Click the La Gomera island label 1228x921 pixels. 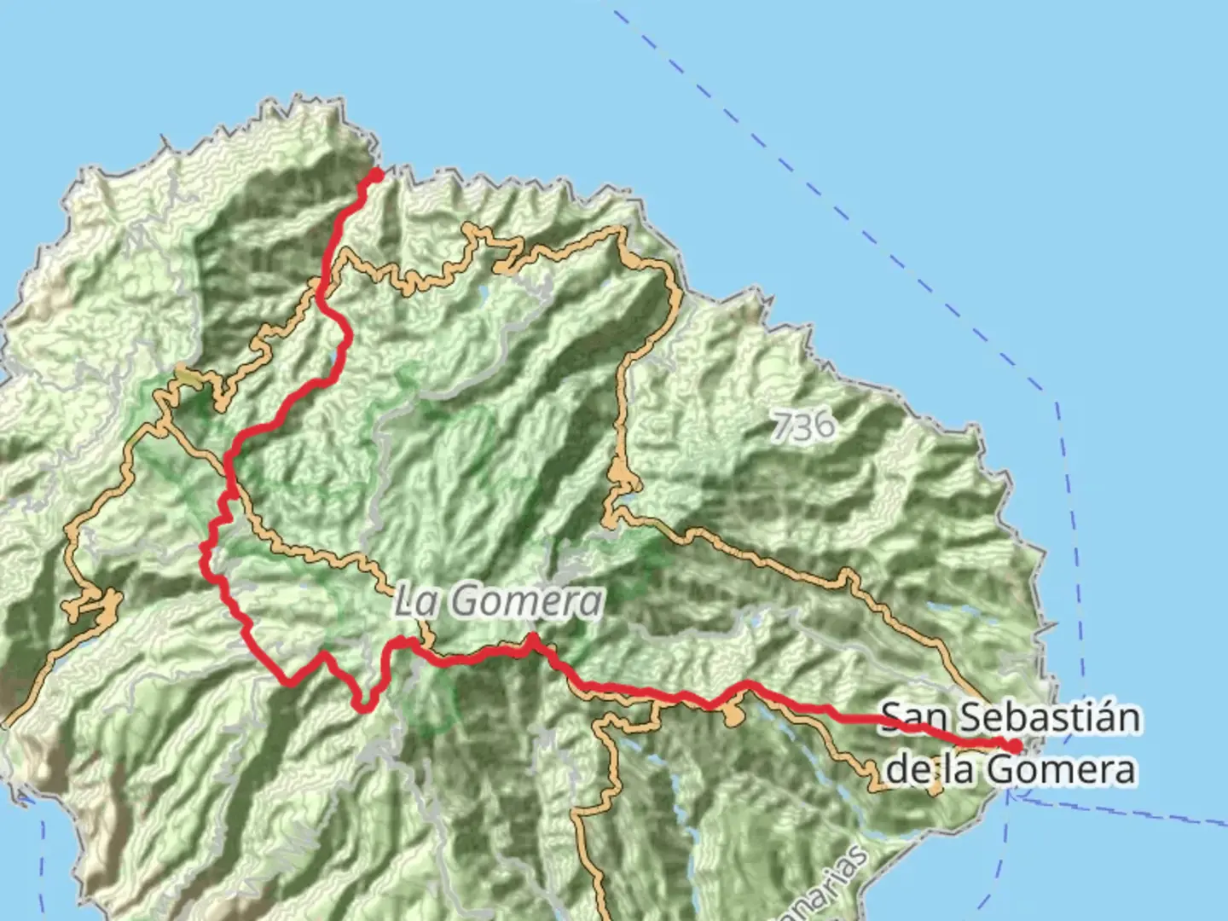pos(498,601)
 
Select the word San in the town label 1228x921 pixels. pos(914,718)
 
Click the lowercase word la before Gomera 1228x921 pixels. pos(960,770)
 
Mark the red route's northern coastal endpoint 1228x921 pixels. pos(375,176)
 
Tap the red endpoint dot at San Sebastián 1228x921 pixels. pos(1015,747)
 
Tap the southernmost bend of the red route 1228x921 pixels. pos(365,707)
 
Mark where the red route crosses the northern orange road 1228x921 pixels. pos(321,290)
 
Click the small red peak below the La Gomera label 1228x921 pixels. pos(532,639)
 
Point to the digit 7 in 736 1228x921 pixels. pos(782,425)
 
